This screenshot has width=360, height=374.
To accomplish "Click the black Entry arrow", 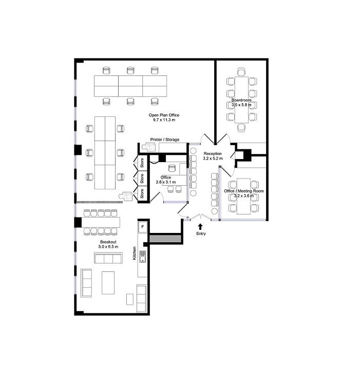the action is [200, 227].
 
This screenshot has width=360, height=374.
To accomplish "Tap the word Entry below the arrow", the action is [201, 234].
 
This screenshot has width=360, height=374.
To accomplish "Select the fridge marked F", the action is [143, 227].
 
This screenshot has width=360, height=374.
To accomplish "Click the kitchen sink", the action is [143, 257].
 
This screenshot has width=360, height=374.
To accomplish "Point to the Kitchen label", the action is [135, 253].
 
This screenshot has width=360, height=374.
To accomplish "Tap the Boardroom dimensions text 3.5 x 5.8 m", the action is [241, 105].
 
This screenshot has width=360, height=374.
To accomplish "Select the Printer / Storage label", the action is [165, 140].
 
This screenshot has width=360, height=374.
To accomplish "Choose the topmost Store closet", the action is [142, 163].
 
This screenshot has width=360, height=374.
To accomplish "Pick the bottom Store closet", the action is [142, 193].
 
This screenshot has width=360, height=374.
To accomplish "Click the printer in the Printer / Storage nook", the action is [149, 147].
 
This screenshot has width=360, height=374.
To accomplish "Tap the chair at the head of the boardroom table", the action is [241, 72].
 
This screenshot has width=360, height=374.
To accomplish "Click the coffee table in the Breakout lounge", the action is [108, 283].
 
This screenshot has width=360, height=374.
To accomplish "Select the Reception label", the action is [213, 153].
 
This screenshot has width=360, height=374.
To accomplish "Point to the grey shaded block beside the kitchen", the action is [165, 239].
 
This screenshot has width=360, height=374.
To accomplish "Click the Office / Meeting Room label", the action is [244, 191].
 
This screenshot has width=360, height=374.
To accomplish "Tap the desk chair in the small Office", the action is [172, 168].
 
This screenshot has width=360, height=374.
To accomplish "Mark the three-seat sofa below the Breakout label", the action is [108, 258].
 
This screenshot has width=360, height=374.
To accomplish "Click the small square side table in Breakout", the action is [130, 299].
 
